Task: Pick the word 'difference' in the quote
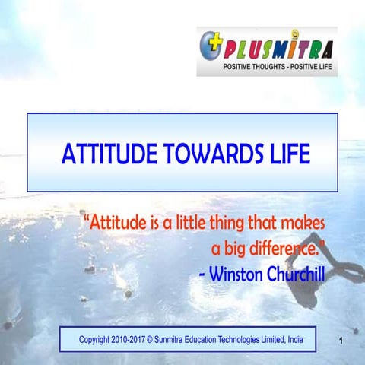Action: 275,249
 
